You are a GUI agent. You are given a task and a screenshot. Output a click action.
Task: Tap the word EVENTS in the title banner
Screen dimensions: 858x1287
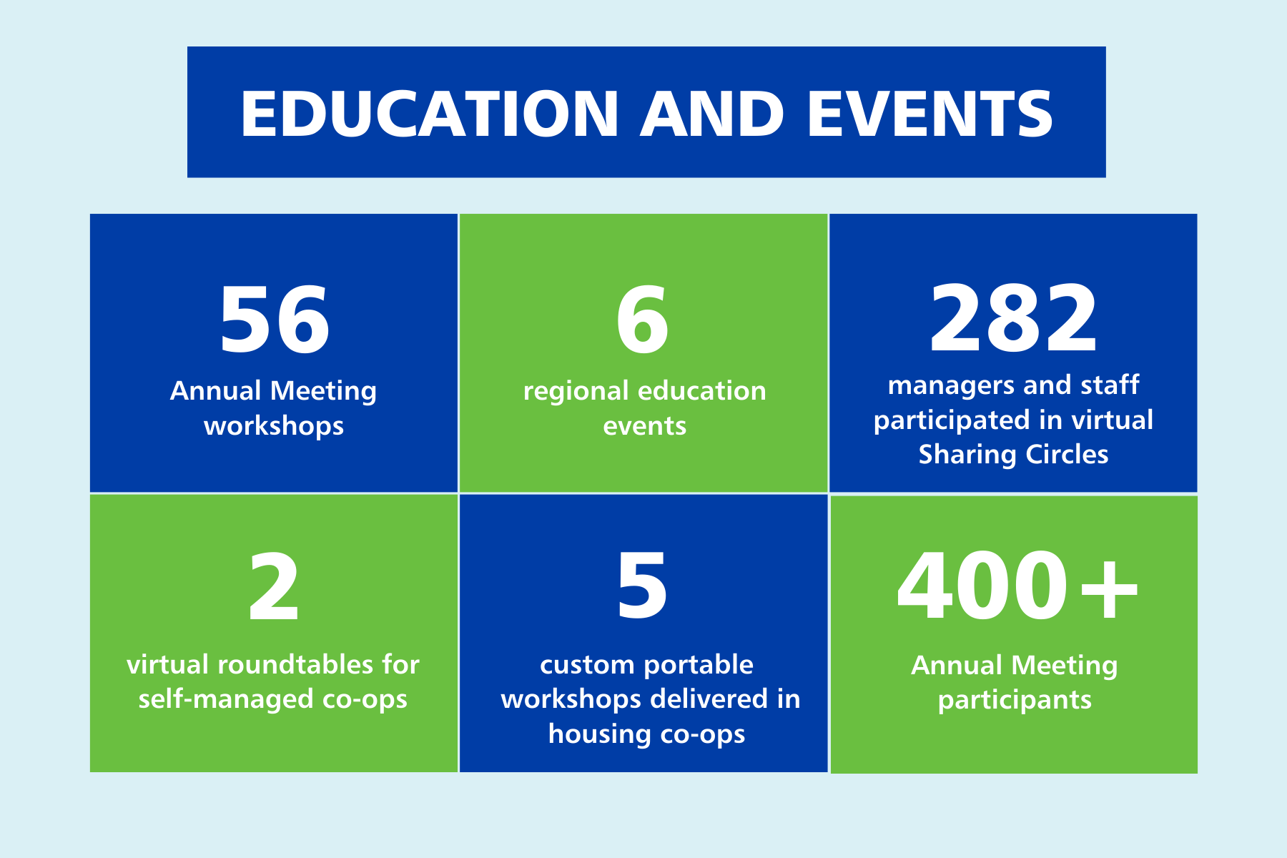click(x=929, y=114)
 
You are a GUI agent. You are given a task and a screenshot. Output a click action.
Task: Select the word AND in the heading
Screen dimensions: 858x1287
click(x=712, y=114)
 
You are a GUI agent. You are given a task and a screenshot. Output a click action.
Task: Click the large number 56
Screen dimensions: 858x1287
click(x=274, y=320)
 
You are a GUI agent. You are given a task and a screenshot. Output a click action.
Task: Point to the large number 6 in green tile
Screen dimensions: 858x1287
click(x=642, y=320)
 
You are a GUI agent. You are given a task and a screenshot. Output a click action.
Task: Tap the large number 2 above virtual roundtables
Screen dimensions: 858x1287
click(x=273, y=588)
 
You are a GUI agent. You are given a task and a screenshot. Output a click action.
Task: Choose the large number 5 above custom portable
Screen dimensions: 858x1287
click(x=642, y=587)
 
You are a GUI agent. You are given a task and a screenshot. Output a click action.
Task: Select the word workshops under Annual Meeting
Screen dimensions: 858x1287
click(x=274, y=427)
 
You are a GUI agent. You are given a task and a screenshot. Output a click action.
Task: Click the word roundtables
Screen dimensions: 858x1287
click(x=295, y=665)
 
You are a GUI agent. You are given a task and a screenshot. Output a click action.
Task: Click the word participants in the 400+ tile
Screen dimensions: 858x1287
click(x=1015, y=701)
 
